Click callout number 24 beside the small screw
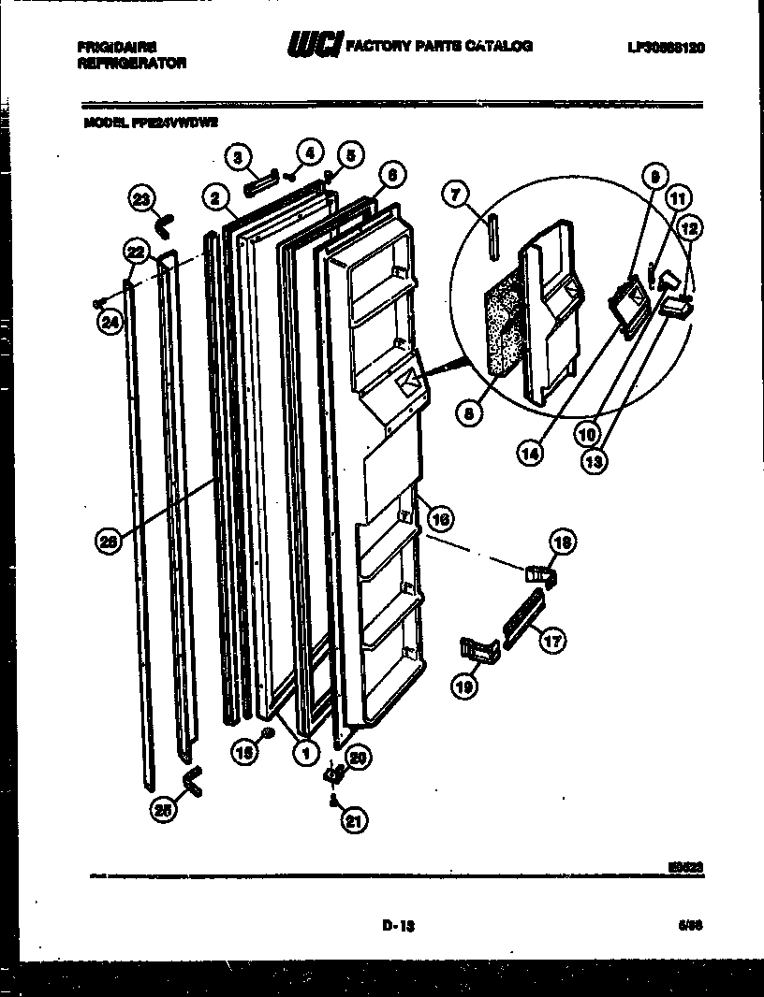tap(108, 324)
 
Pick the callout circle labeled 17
tap(552, 642)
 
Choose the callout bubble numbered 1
tap(303, 751)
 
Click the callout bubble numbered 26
tap(109, 540)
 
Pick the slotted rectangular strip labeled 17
tap(522, 616)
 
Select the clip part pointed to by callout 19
tap(477, 649)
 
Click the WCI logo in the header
tap(316, 45)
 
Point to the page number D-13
tap(398, 926)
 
